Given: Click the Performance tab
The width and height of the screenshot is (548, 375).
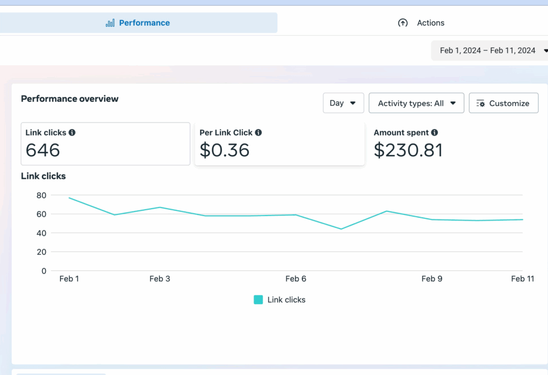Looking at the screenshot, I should [138, 23].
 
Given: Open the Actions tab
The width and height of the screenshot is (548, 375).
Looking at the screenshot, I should [421, 23].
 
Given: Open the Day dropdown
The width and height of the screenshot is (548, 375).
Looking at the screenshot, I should [343, 103].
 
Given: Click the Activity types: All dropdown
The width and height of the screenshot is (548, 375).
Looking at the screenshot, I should [416, 103].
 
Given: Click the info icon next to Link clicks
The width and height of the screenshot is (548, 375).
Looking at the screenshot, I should [72, 133].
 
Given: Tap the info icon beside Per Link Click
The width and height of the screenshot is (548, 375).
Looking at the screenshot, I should [258, 133].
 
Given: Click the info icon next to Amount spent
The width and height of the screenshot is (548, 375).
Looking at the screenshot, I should [435, 133].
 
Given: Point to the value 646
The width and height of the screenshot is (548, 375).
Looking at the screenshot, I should [43, 150].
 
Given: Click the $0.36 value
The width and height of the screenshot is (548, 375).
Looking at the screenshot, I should [224, 150].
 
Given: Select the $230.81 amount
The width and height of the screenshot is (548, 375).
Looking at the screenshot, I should [408, 150].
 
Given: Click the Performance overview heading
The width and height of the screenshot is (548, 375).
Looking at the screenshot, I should [70, 99].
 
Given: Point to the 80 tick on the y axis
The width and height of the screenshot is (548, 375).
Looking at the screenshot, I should [41, 195].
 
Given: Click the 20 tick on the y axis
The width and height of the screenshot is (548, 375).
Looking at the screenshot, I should [41, 252].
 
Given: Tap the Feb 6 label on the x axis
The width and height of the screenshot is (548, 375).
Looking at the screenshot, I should [295, 279].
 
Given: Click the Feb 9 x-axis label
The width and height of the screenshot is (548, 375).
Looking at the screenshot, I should [432, 279].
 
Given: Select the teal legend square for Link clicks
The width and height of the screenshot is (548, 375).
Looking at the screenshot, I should [258, 300].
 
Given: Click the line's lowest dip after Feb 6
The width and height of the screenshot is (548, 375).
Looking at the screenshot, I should [341, 229].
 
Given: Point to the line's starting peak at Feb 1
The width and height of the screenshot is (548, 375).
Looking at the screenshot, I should [70, 198].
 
